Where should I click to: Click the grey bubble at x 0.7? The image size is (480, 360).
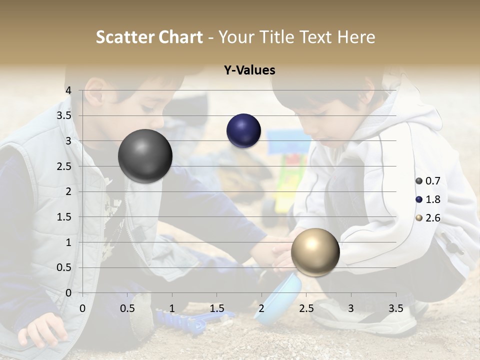coord(145,156)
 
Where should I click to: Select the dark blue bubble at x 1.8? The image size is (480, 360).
coord(243,131)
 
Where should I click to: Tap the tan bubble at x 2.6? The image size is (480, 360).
coord(315,251)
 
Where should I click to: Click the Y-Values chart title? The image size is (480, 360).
coord(249,70)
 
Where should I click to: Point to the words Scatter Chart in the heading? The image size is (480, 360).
coord(149,37)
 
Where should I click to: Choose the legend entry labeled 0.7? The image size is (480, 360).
coord(428,181)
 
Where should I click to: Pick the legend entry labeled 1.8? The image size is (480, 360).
coord(428,199)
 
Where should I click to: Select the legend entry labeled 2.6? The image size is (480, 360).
coord(428,218)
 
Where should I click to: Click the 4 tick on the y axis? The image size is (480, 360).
coord(68,90)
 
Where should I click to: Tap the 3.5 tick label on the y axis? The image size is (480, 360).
coord(64,115)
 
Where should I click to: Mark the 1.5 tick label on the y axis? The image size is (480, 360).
coord(64,217)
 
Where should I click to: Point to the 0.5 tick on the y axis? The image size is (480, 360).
coord(64,267)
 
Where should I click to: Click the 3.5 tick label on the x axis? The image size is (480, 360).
coord(395,308)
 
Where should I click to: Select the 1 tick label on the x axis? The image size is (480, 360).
coord(172,308)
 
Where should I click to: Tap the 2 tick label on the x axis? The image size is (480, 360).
coord(261,308)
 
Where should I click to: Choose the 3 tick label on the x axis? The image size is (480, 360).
coord(351,308)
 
